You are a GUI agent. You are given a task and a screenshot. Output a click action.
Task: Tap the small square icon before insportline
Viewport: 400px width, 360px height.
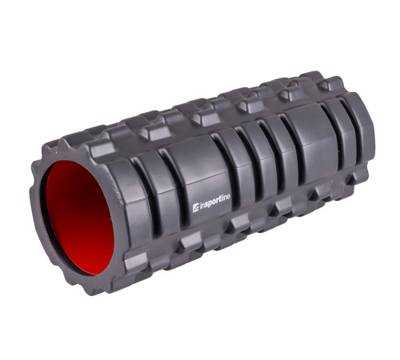195,208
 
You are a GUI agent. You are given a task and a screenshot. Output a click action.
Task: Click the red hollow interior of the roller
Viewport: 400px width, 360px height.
79,218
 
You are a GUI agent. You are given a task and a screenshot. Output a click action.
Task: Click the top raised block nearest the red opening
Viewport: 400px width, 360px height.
102,147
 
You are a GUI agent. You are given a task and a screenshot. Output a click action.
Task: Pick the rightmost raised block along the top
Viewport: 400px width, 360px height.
331,83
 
